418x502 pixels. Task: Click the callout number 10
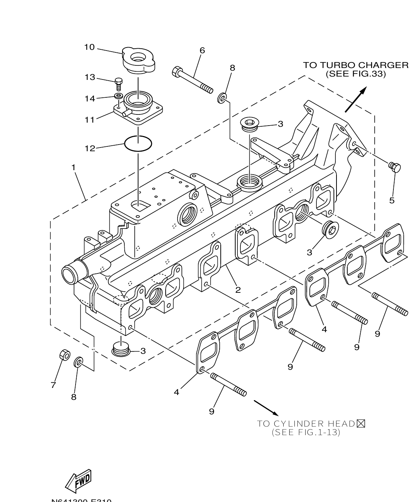89,47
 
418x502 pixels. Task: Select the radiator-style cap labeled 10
138,61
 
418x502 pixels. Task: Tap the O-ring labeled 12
138,144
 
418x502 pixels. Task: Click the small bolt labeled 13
119,84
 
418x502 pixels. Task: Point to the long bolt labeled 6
192,79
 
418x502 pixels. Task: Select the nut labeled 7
64,355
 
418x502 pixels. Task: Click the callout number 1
73,168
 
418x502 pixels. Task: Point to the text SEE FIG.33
355,74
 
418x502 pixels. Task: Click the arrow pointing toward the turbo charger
355,99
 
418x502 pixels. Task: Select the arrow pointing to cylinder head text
266,407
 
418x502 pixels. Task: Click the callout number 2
238,290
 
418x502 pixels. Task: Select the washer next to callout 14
119,97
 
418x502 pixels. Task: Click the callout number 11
89,120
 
